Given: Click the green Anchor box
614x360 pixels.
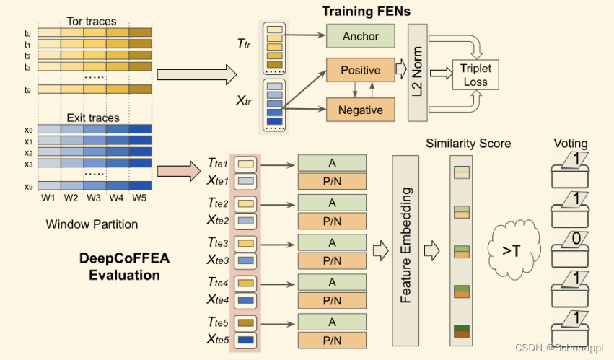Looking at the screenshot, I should pyautogui.click(x=361, y=36).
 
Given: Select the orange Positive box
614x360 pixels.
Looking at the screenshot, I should pyautogui.click(x=361, y=71).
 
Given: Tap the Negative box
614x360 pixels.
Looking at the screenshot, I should pyautogui.click(x=361, y=110).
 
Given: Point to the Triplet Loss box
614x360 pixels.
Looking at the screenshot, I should pyautogui.click(x=475, y=75).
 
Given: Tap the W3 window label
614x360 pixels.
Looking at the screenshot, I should pyautogui.click(x=94, y=198).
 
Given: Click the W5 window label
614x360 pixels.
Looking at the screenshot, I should pyautogui.click(x=139, y=198).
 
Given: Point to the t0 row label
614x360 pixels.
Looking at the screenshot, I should pyautogui.click(x=27, y=32).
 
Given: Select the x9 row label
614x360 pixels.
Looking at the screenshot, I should pyautogui.click(x=27, y=186).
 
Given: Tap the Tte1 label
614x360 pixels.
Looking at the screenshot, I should pyautogui.click(x=217, y=165).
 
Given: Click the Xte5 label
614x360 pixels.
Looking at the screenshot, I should pyautogui.click(x=217, y=338).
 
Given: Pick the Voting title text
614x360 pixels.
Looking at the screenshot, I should pyautogui.click(x=570, y=144).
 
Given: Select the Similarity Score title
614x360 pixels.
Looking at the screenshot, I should pyautogui.click(x=468, y=144).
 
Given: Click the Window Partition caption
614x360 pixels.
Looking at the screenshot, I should pyautogui.click(x=92, y=224).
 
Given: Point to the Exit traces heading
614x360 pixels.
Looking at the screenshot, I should pyautogui.click(x=94, y=117).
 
